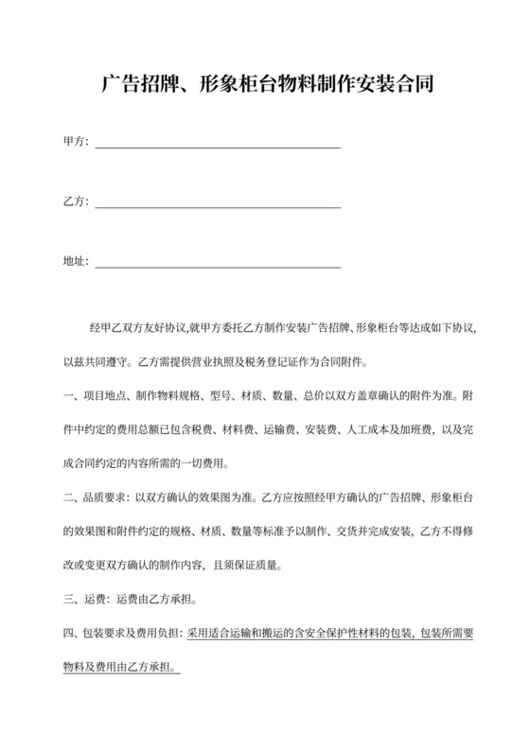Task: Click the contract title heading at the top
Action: pos(265,84)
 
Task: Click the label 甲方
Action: pos(74,142)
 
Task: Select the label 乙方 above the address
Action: pos(74,201)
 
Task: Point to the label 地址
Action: pos(74,261)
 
